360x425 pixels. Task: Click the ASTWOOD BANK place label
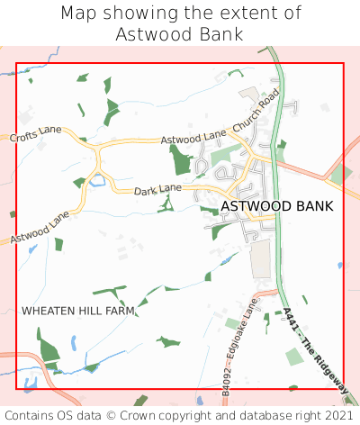(x=276, y=206)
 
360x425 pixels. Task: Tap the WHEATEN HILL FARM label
(x=78, y=311)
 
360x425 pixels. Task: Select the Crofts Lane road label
(x=36, y=134)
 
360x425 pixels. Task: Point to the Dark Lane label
(x=157, y=191)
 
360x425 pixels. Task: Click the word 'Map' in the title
(x=79, y=14)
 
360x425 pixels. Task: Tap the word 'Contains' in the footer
(x=32, y=415)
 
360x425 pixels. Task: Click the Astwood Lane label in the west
(x=40, y=227)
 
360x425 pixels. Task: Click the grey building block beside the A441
(x=259, y=259)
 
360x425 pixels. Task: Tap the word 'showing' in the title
(x=137, y=14)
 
